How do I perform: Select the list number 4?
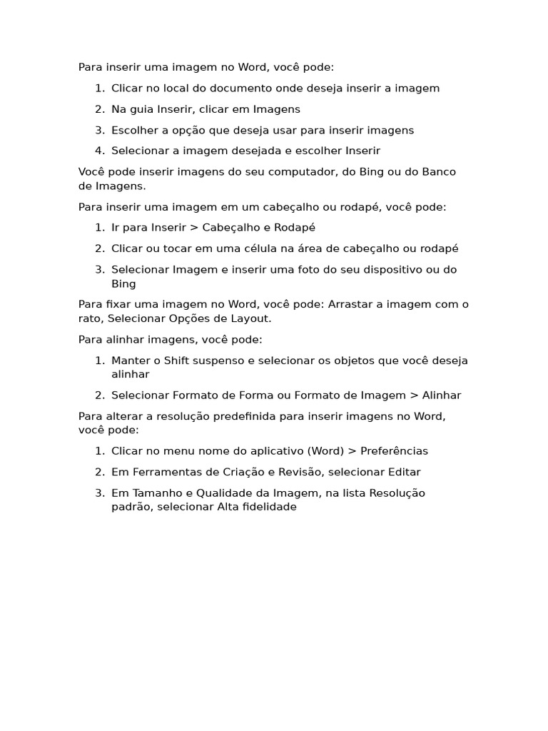[x=99, y=151]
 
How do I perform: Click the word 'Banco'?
[x=439, y=172]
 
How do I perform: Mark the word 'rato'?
[x=90, y=318]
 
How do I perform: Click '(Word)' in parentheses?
[x=325, y=451]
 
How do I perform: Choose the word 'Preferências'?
[x=395, y=451]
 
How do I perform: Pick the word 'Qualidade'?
[x=212, y=493]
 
